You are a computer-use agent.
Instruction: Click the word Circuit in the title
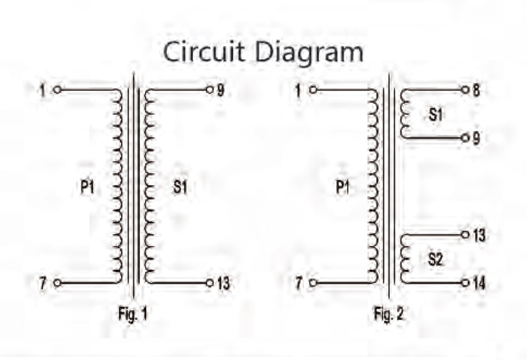coord(204,51)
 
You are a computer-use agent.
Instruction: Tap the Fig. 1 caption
coord(133,315)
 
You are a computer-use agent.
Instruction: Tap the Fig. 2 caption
coord(389,315)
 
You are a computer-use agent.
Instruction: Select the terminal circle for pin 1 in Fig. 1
coord(57,90)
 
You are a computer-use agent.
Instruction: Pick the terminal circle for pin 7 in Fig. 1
coord(57,283)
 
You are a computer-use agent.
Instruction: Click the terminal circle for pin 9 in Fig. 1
coord(209,90)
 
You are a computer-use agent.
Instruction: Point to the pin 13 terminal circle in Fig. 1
coord(209,283)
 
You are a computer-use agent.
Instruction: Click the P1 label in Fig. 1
coord(88,187)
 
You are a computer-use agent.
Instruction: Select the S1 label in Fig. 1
coord(180,187)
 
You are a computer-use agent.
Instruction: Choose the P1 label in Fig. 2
coord(343,187)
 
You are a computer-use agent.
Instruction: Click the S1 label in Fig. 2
coord(435,115)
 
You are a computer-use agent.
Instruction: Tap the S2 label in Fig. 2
coord(435,259)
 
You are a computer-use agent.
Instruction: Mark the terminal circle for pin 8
coord(465,90)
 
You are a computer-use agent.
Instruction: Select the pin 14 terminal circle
coord(465,283)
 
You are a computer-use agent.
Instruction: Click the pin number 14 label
coord(480,284)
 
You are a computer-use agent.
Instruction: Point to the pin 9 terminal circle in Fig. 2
coord(465,138)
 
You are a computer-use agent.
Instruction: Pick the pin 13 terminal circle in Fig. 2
coord(465,235)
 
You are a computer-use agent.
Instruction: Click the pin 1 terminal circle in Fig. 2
coord(313,90)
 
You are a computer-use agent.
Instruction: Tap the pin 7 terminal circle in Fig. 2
coord(313,283)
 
